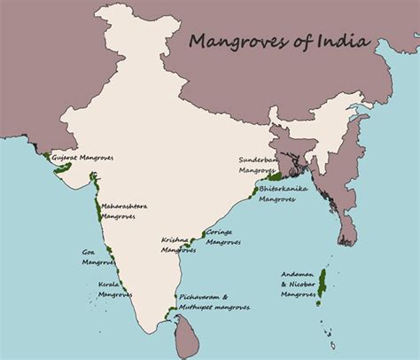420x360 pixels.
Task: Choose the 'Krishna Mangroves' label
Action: coord(179,245)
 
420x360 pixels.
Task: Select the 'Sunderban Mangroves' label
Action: coord(258,164)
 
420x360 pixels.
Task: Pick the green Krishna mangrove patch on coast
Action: coord(191,240)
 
